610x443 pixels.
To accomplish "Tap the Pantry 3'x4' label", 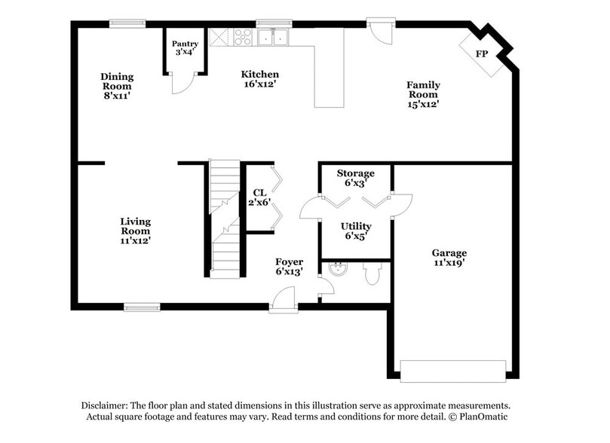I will tap(185, 48).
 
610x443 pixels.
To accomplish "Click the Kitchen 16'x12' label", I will tap(259, 79).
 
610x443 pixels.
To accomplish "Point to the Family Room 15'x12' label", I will tap(423, 95).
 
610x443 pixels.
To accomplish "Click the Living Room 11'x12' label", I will tap(135, 231).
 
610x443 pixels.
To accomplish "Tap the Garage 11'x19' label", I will tap(449, 258).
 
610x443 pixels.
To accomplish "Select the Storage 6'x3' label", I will tap(355, 179).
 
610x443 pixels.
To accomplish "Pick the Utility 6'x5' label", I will tap(355, 231).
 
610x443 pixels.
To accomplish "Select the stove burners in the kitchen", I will tap(244, 36).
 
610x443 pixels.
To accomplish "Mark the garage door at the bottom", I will tap(452, 371).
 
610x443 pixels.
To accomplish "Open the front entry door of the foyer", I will tap(284, 302).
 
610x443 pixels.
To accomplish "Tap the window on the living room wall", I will tap(142, 307).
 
